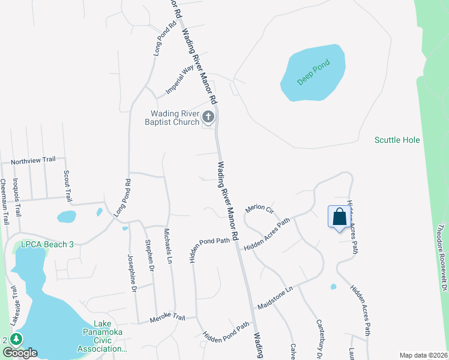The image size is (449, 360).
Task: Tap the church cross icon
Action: tap(208, 116)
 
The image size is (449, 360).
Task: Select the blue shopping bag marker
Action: tap(339, 217)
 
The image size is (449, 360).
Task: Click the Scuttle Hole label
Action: tap(397, 140)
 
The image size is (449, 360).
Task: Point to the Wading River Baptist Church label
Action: tap(175, 118)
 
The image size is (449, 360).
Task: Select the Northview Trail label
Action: tap(33, 160)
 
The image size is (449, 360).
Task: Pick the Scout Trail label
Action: tap(67, 184)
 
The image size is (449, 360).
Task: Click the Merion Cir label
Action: tap(259, 209)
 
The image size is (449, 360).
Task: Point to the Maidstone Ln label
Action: tap(274, 297)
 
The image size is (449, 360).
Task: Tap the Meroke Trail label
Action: tap(167, 320)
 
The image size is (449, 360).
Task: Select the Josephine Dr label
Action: tap(132, 273)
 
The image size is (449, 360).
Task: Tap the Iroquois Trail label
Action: tap(18, 199)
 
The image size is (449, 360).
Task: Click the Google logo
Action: tap(20, 353)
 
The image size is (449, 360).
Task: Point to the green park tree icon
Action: tap(17, 340)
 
